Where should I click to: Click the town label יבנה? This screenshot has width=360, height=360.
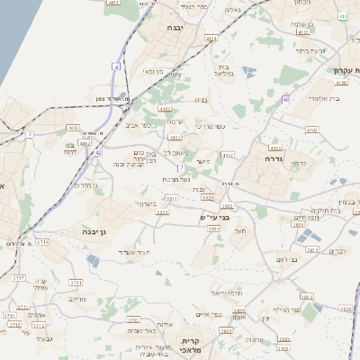[175, 28]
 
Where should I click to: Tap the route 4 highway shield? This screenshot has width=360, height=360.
[116, 67]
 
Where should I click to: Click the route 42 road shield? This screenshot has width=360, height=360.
[97, 152]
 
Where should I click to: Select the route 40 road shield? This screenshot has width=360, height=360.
[285, 99]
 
